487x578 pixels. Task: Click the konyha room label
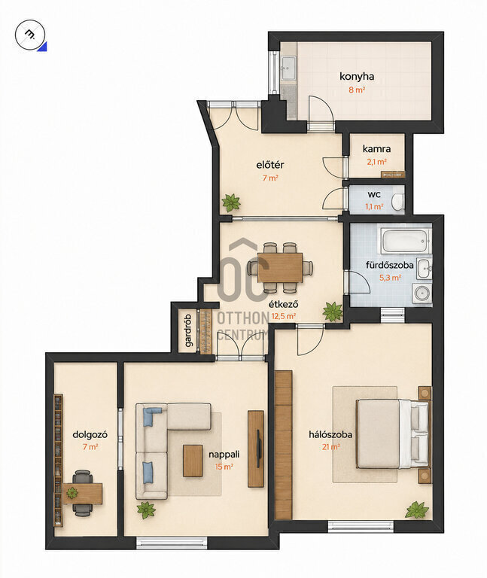click(357, 77)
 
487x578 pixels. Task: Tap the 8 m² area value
click(357, 90)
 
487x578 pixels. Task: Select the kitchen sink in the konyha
click(288, 68)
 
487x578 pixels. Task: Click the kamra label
click(376, 149)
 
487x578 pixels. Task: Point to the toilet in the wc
click(397, 202)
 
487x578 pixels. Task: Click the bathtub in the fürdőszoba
click(406, 241)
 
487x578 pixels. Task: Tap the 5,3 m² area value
click(390, 278)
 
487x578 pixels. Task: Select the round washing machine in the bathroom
click(422, 293)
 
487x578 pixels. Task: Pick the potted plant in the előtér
click(231, 202)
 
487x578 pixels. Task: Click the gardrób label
click(188, 330)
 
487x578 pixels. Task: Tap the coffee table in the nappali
click(193, 461)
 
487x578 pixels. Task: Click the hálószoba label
click(330, 434)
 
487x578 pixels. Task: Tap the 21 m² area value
click(330, 447)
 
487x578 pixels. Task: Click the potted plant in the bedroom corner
click(417, 510)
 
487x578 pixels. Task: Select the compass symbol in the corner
click(30, 35)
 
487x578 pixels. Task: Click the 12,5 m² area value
click(284, 316)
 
